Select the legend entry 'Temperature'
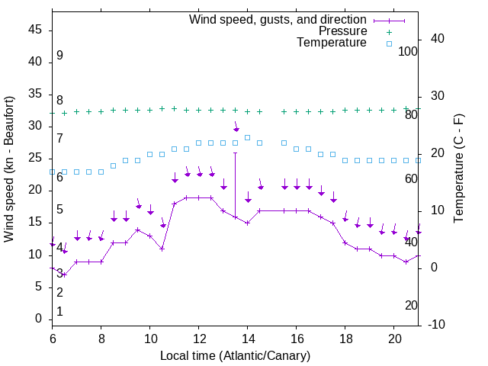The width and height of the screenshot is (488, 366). point(332,43)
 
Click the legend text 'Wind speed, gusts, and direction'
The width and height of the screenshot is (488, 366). point(278,19)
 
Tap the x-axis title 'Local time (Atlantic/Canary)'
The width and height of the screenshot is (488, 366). point(235,355)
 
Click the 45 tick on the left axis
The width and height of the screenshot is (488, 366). point(34,30)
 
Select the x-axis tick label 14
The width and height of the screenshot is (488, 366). point(248,338)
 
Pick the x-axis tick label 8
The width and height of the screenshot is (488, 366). point(101,338)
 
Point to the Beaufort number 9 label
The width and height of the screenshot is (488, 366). point(59,56)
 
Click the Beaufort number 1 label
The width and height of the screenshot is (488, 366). point(59,312)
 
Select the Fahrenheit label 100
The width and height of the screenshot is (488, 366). point(409,51)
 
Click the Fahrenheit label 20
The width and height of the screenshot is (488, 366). point(411,305)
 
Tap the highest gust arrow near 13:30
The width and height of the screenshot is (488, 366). point(236,129)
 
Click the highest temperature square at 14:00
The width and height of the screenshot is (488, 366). point(248,137)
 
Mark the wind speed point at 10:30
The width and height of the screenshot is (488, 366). point(162,249)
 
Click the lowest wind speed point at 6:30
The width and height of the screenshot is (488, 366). point(65,274)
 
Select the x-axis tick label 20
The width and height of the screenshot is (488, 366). point(394,338)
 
